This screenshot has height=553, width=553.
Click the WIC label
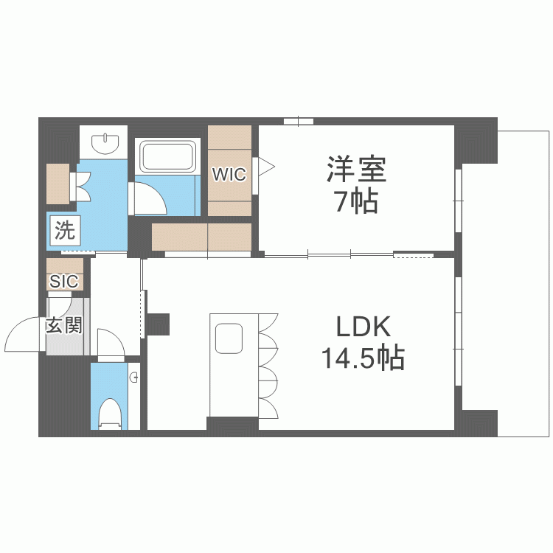pyautogui.click(x=229, y=175)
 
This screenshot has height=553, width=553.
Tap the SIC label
pyautogui.click(x=65, y=281)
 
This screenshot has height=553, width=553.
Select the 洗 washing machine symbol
pyautogui.click(x=65, y=231)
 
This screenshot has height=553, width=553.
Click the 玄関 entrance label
pyautogui.click(x=64, y=325)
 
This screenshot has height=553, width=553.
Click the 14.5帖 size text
pyautogui.click(x=362, y=359)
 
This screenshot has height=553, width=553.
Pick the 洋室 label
pyautogui.click(x=356, y=170)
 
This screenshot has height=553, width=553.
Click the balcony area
pyautogui.click(x=505, y=280)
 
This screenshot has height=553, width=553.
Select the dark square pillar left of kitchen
pyautogui.click(x=158, y=323)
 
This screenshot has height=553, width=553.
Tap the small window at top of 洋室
pyautogui.click(x=299, y=120)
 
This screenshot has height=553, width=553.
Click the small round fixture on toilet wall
pyautogui.click(x=134, y=378)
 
